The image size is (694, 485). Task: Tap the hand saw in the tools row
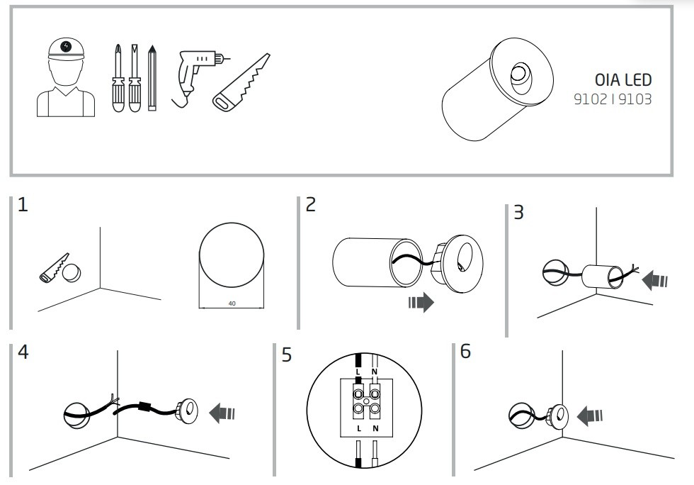pyautogui.click(x=241, y=82)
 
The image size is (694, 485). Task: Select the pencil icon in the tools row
pyautogui.click(x=152, y=77)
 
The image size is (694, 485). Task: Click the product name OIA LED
pyautogui.click(x=623, y=80)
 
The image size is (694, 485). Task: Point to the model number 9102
pyautogui.click(x=591, y=99)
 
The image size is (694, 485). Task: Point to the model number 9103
pyautogui.click(x=635, y=99)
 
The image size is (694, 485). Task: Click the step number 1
pyautogui.click(x=23, y=205)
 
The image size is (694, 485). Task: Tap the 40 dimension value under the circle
pyautogui.click(x=232, y=303)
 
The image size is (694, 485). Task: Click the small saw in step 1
pyautogui.click(x=54, y=268)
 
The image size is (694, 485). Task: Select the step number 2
pyautogui.click(x=311, y=204)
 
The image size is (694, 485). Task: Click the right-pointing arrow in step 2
pyautogui.click(x=421, y=302)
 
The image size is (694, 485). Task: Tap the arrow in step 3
pyautogui.click(x=654, y=281)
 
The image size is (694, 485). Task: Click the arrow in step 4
pyautogui.click(x=222, y=413)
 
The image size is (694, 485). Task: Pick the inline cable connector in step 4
pyautogui.click(x=143, y=406)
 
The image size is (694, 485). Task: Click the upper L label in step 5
pyautogui.click(x=358, y=372)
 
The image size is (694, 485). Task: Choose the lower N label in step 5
pyautogui.click(x=375, y=428)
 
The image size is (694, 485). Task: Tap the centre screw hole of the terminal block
pyautogui.click(x=366, y=401)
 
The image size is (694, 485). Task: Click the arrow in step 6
pyautogui.click(x=590, y=416)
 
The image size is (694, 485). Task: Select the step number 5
pyautogui.click(x=287, y=355)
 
